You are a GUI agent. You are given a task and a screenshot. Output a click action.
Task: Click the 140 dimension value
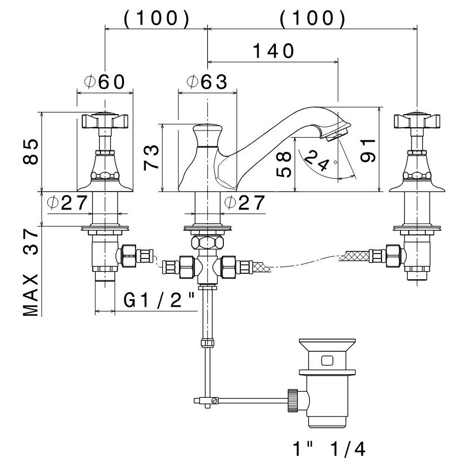pyautogui.click(x=273, y=51)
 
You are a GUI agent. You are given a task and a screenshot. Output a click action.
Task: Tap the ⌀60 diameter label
pyautogui.click(x=105, y=82)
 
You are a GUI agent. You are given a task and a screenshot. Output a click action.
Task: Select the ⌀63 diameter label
pyautogui.click(x=207, y=82)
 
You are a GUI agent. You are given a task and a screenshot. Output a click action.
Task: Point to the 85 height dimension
pyautogui.click(x=31, y=152)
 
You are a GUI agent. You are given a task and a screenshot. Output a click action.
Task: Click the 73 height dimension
pyautogui.click(x=151, y=157)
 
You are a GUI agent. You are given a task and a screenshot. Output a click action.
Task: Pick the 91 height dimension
pyautogui.click(x=368, y=150)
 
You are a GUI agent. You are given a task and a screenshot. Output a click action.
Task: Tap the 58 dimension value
pyautogui.click(x=284, y=164)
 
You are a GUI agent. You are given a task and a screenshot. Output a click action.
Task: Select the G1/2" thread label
pyautogui.click(x=159, y=300)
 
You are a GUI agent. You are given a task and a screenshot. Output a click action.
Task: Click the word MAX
pyautogui.click(x=31, y=295)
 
